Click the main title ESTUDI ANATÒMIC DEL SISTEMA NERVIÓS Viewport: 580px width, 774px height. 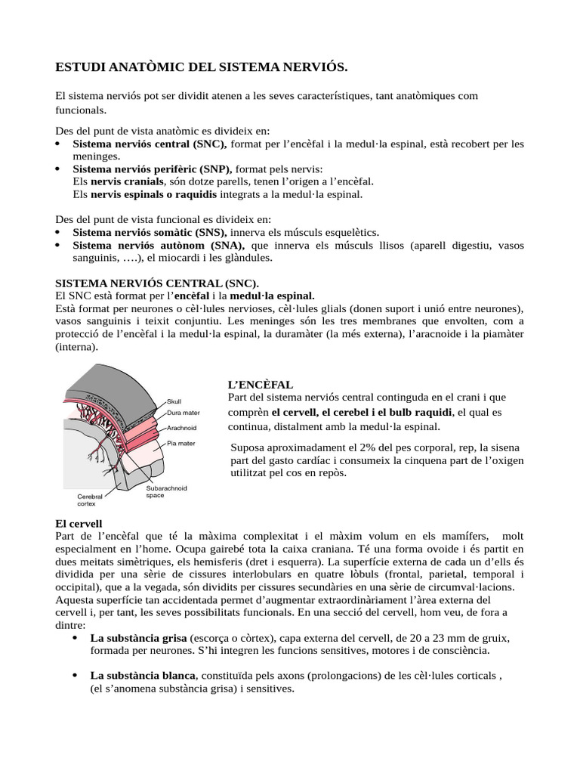(x=202, y=68)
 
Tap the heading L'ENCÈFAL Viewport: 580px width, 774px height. (x=260, y=385)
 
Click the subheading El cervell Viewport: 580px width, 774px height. (x=79, y=523)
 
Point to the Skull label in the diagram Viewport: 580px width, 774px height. (x=174, y=401)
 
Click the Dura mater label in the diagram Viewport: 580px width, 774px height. (x=184, y=413)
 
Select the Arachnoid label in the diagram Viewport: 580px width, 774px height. (x=181, y=427)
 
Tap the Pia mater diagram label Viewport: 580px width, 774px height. (x=182, y=442)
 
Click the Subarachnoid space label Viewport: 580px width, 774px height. (x=166, y=491)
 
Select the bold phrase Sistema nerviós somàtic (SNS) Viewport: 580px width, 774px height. (x=150, y=232)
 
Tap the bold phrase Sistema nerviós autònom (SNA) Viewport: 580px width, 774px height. (x=159, y=246)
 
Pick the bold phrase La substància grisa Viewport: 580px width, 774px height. (x=138, y=638)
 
